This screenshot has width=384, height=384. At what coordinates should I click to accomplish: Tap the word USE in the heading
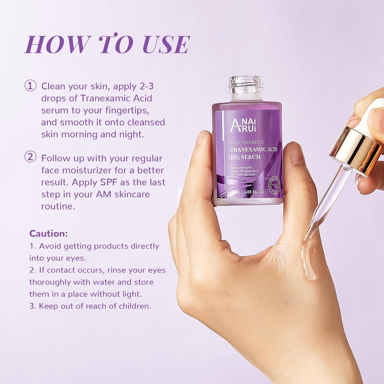[166, 44]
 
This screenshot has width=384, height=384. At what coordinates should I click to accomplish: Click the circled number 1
[30, 86]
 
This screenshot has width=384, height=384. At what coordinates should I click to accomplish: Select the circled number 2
[30, 157]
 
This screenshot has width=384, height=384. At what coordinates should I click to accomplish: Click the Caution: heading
[48, 233]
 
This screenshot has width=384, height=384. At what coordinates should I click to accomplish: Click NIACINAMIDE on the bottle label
[247, 142]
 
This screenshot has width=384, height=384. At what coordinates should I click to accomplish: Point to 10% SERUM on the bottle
[246, 157]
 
